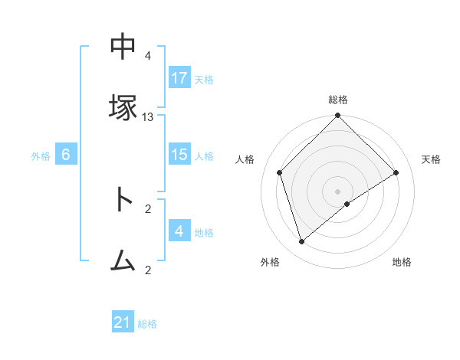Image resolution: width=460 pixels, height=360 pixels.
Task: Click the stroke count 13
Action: [x=148, y=116]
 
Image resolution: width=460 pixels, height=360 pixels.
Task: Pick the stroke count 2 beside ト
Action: [x=148, y=208]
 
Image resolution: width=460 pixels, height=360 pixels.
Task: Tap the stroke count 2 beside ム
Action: [x=148, y=270]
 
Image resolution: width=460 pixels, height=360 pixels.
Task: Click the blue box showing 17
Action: [x=179, y=78]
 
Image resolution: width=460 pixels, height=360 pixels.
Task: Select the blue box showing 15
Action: [x=179, y=155]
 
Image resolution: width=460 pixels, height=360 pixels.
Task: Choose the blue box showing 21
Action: [x=123, y=323]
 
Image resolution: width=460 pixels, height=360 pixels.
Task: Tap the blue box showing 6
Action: [x=66, y=155]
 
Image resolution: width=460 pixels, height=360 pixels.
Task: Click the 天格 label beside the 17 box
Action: [x=204, y=79]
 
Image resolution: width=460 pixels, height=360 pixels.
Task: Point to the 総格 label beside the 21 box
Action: [x=147, y=324]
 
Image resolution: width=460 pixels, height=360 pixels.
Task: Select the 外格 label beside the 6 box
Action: [x=41, y=155]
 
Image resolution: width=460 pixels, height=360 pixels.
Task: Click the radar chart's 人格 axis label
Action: [x=245, y=159]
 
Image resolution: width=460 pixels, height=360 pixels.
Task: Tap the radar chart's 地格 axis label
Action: [x=402, y=263]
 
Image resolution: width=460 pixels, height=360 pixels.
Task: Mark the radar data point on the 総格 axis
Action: [x=337, y=116]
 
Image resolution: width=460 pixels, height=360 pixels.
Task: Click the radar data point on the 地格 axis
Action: [x=347, y=204]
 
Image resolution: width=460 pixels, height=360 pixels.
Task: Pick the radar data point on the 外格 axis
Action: [x=301, y=241]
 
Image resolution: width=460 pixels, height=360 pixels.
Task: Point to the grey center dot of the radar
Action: [x=337, y=191]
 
